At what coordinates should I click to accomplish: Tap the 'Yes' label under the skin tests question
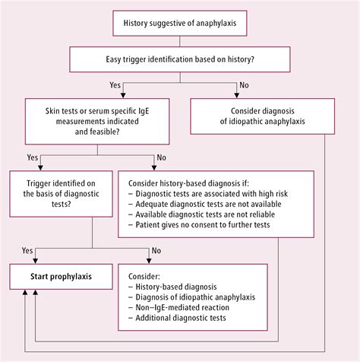coord(33,157)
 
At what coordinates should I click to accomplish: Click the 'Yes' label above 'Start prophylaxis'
coord(27,250)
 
